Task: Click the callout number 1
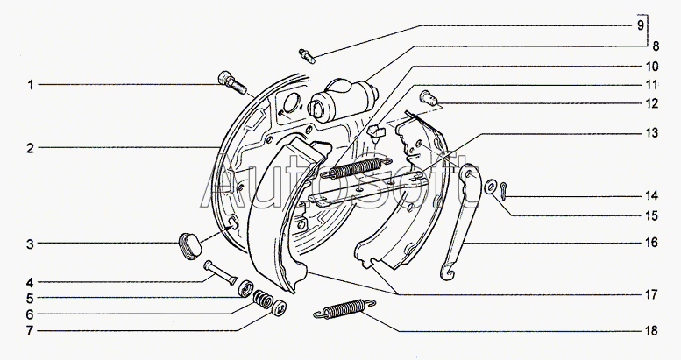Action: tap(31, 85)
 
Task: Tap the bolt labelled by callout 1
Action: tap(231, 83)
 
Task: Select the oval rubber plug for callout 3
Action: tap(190, 246)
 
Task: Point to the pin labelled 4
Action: tap(220, 272)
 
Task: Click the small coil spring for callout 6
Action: tap(263, 299)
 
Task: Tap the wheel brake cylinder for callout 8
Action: tap(343, 100)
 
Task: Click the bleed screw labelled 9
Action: tap(307, 56)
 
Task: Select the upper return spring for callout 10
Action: tap(355, 168)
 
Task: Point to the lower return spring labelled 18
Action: tap(344, 308)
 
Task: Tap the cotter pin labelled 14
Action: tap(503, 191)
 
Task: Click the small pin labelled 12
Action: tap(429, 98)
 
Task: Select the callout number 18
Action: tap(651, 331)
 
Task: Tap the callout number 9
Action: tap(641, 25)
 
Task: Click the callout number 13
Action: tap(651, 133)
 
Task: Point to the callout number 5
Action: tap(30, 299)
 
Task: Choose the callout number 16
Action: tap(651, 243)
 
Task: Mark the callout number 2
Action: tap(30, 149)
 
